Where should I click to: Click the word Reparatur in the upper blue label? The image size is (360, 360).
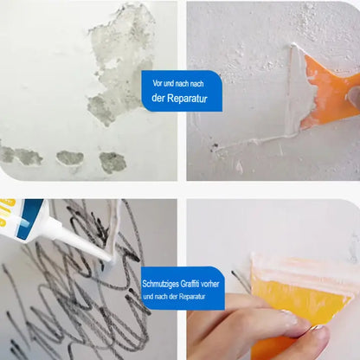[x=187, y=99]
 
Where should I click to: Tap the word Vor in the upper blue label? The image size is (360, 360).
[x=157, y=84]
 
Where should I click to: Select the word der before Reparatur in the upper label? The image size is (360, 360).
[x=158, y=98]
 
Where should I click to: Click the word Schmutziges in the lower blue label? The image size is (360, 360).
[x=160, y=284]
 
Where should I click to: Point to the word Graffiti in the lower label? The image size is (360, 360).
[x=190, y=284]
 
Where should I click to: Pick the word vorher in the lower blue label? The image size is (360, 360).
[x=210, y=284]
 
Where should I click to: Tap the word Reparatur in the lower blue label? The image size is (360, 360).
[x=192, y=297]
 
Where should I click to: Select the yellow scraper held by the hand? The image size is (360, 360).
[x=300, y=303]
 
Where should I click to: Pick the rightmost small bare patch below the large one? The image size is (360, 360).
[x=112, y=163]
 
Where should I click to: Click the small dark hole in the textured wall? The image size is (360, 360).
[x=215, y=147]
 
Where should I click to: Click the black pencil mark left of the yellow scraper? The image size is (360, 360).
[x=241, y=280]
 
